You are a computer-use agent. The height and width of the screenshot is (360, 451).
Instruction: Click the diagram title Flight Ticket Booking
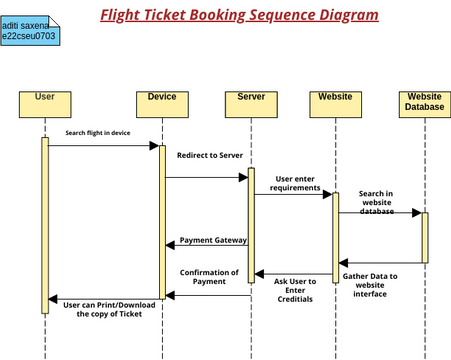click(x=239, y=15)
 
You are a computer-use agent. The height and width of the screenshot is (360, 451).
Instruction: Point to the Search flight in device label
click(x=98, y=132)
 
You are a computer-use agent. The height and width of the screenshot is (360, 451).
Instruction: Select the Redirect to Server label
click(x=209, y=156)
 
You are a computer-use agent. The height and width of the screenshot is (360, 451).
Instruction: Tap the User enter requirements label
click(x=298, y=183)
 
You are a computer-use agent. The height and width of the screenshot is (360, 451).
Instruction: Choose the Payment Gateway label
click(x=213, y=240)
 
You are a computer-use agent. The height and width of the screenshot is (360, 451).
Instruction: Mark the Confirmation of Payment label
click(x=209, y=277)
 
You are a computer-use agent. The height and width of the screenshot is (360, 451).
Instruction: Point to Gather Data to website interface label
click(x=370, y=285)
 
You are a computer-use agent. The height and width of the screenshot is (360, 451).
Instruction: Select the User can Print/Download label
click(x=110, y=309)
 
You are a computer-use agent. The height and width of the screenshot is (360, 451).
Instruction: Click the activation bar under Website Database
click(x=424, y=237)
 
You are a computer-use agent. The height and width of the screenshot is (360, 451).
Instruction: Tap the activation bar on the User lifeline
click(x=45, y=225)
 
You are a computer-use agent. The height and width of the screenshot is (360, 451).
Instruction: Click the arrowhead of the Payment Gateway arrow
click(x=170, y=246)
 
